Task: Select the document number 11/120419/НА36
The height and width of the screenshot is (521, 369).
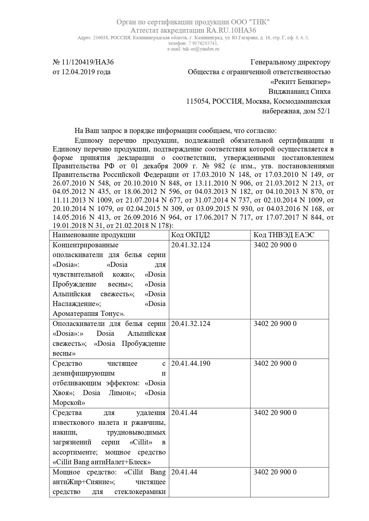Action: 87,62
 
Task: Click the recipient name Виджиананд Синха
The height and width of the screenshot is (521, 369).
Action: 299,92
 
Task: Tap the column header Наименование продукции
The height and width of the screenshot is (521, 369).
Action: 94,235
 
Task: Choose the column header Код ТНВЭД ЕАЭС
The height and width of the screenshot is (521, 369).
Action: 284,235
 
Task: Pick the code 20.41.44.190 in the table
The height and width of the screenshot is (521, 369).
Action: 191,364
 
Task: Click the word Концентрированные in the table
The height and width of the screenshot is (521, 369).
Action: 85,245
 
